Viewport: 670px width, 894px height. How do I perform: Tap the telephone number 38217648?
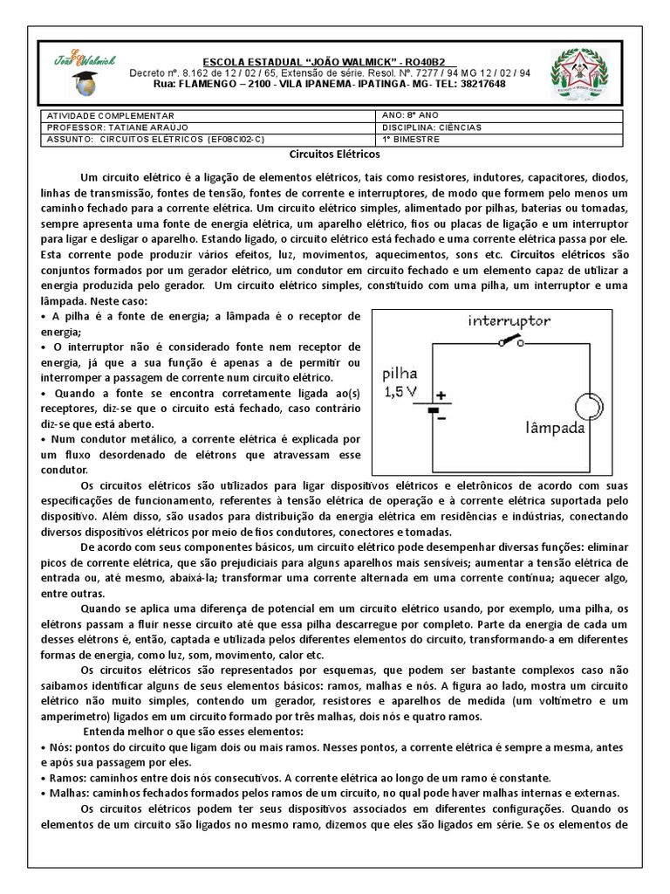pyautogui.click(x=480, y=85)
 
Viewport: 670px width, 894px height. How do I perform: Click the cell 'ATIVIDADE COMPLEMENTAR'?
pyautogui.click(x=111, y=116)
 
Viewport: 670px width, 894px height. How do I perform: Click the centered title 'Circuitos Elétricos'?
pyautogui.click(x=335, y=154)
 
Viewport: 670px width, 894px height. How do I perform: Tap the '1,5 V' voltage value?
pyautogui.click(x=401, y=392)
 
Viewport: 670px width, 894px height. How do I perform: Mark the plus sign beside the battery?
pyautogui.click(x=442, y=395)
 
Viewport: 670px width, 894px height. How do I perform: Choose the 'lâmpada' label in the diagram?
pyautogui.click(x=555, y=429)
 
